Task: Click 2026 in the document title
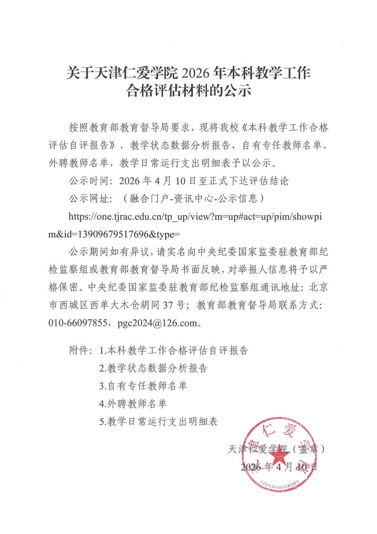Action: (x=194, y=73)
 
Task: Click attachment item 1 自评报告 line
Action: (x=174, y=350)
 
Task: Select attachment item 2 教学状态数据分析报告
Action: (x=153, y=368)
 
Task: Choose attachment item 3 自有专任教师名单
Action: (x=143, y=386)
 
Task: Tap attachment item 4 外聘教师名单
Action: (x=133, y=403)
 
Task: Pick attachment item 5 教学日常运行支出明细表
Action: (x=158, y=421)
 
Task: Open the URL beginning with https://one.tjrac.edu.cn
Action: (x=195, y=217)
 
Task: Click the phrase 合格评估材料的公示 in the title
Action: (x=188, y=91)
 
